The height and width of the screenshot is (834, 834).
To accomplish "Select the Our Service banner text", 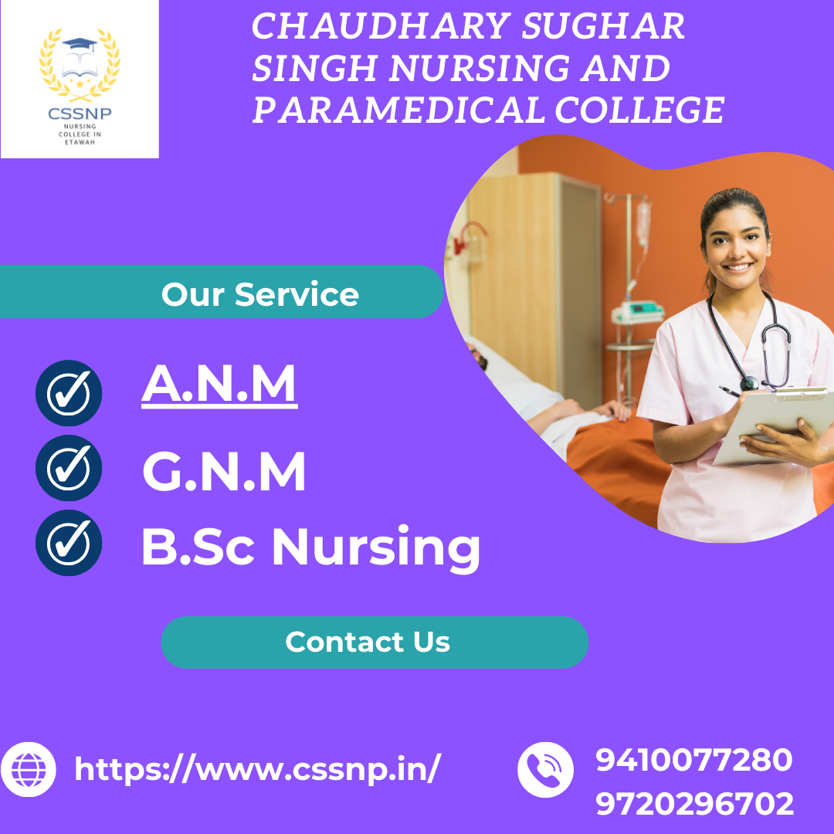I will (x=260, y=294).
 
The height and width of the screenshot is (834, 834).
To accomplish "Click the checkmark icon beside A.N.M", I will (x=69, y=393).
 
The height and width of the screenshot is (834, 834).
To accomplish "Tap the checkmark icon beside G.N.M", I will (x=69, y=468).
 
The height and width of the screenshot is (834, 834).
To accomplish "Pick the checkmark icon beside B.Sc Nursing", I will (x=69, y=543).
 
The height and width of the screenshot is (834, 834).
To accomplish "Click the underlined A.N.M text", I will (x=219, y=385).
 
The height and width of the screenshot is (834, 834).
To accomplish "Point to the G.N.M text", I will (x=224, y=473).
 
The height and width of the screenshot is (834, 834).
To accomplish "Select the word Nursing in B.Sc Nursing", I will (x=376, y=547).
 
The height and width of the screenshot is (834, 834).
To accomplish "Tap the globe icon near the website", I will (x=28, y=769).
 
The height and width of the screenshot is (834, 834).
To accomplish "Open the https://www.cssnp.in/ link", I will (x=258, y=769).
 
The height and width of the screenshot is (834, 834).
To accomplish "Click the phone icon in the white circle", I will (x=545, y=769).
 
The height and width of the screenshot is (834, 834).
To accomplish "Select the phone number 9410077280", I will (x=694, y=760).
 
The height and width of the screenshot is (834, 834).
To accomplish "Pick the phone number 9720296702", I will (x=694, y=805).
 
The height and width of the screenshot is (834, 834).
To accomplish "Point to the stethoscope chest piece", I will (x=749, y=383).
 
